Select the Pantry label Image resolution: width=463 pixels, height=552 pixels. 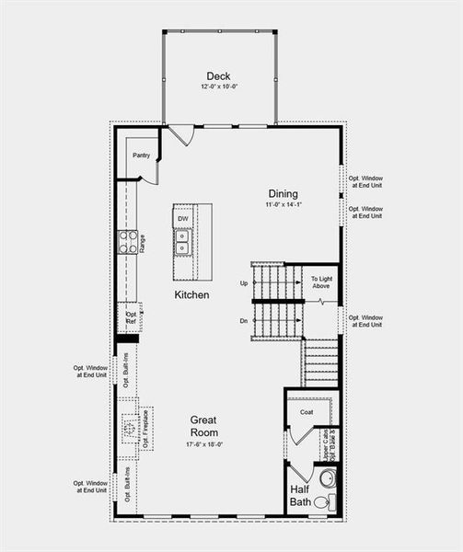(141, 155)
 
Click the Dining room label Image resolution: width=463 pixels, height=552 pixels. (283, 193)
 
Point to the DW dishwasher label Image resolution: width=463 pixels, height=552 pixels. (183, 218)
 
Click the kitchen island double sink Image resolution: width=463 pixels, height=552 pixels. (182, 241)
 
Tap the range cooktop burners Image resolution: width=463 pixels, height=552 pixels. (126, 242)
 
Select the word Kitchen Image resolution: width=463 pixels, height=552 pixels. (191, 295)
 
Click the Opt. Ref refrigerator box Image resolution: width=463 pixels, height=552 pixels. (131, 317)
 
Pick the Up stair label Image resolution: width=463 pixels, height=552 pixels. (243, 282)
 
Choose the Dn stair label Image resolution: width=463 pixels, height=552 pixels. (243, 320)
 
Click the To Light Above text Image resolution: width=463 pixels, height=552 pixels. (320, 282)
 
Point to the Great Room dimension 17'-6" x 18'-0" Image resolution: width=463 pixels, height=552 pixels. (204, 444)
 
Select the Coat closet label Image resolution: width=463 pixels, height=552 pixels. (307, 412)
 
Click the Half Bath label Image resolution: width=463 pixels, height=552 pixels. (301, 495)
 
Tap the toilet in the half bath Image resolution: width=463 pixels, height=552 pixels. (324, 502)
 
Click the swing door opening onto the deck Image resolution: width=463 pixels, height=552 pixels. (181, 135)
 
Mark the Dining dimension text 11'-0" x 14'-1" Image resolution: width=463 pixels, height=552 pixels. (283, 206)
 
